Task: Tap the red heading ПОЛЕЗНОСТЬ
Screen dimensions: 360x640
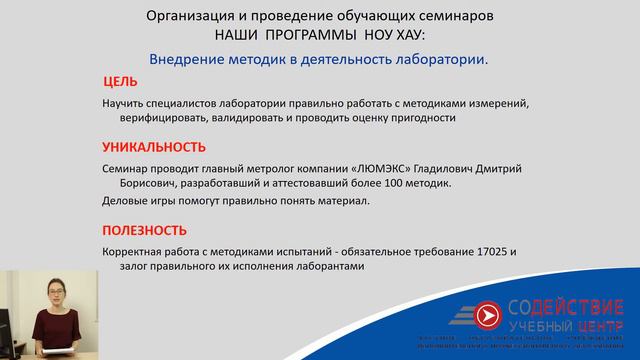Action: pyautogui.click(x=144, y=229)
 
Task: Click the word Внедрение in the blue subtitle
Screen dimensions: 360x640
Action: pyautogui.click(x=189, y=58)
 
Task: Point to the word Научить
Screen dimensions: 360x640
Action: pyautogui.click(x=126, y=103)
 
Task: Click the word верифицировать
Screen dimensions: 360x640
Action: pyautogui.click(x=150, y=118)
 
